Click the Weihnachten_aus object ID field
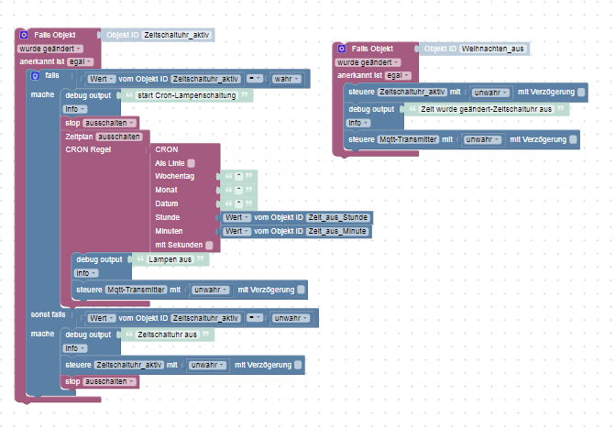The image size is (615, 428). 493,49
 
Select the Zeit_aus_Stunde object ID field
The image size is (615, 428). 339,217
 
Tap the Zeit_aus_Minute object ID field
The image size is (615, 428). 339,231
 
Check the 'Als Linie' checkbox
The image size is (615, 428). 192,162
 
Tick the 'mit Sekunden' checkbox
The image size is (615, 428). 210,245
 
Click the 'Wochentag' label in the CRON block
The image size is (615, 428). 175,176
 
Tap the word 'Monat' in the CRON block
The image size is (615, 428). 168,190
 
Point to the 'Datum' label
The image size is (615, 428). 168,203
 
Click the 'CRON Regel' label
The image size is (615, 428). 88,148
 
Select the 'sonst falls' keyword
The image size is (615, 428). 49,313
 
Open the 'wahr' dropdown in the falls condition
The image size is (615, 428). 288,79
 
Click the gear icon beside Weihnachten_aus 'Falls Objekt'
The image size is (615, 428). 342,49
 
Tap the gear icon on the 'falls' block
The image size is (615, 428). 34,75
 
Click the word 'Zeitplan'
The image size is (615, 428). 79,136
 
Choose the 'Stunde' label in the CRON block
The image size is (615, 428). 169,217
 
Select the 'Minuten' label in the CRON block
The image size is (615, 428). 170,231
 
